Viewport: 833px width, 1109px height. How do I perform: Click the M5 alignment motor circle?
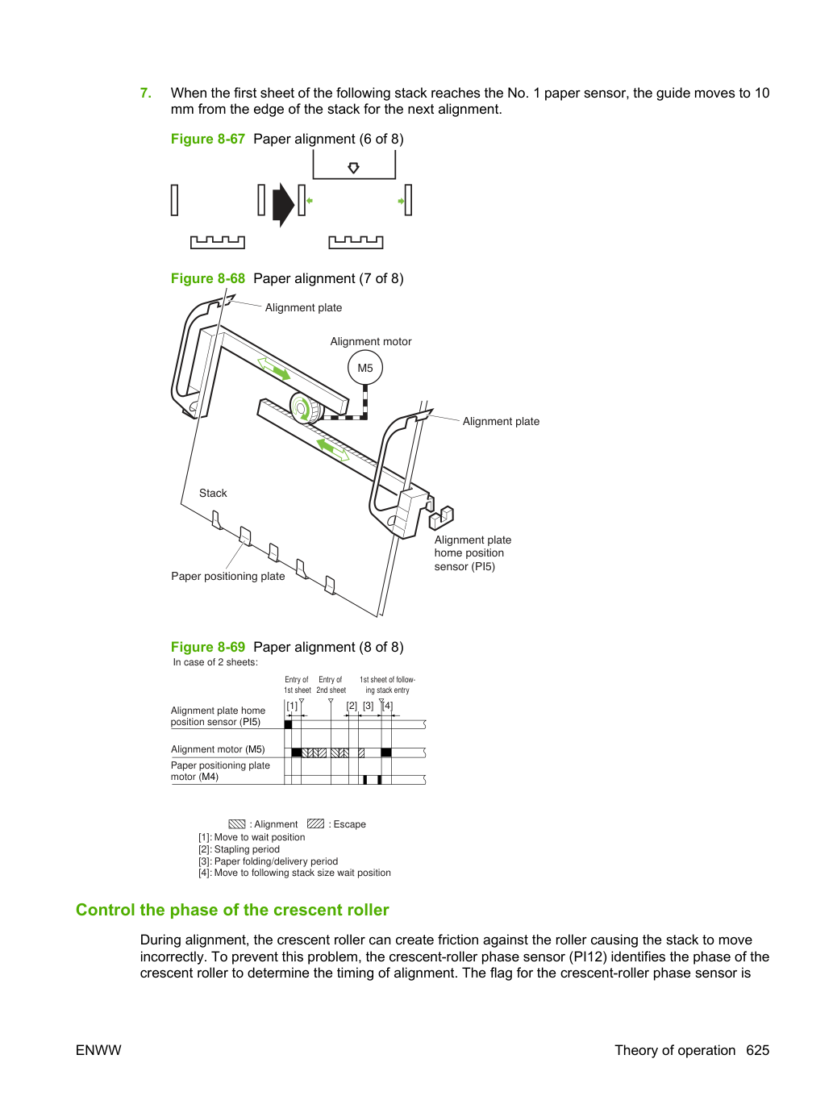point(364,368)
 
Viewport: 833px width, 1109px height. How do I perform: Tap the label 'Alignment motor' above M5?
point(371,341)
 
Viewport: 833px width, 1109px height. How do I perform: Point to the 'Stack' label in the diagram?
point(213,493)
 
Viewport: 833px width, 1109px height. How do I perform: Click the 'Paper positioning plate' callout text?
point(228,577)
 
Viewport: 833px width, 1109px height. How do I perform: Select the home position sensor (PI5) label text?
point(473,553)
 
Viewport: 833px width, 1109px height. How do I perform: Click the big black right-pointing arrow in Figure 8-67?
point(283,205)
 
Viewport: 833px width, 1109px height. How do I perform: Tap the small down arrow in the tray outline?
point(354,168)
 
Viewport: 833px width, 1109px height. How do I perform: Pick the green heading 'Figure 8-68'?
point(207,278)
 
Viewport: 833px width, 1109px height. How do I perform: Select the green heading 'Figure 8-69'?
point(207,647)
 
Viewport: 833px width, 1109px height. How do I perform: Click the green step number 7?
point(145,93)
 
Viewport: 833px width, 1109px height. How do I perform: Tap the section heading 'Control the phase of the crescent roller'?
point(232,910)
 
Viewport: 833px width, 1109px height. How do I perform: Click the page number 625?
point(758,1050)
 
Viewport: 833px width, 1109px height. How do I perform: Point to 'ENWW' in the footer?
point(98,1050)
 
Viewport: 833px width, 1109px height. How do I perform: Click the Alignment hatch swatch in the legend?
point(237,824)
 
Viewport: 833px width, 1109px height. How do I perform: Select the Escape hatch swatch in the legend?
point(316,823)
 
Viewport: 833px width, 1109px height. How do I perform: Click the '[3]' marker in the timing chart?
point(369,705)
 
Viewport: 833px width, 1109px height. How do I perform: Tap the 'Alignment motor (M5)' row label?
point(218,749)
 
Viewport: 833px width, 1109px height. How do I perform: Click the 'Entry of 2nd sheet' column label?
point(331,685)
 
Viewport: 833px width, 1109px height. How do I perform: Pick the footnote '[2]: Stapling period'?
point(239,849)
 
